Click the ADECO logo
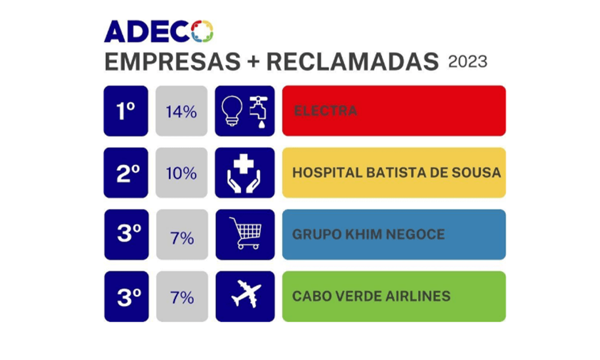pyautogui.click(x=158, y=31)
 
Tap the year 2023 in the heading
pyautogui.click(x=467, y=62)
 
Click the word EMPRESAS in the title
pyautogui.click(x=173, y=62)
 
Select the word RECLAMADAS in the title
pyautogui.click(x=352, y=62)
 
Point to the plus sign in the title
pyautogui.click(x=253, y=62)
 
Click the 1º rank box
pyautogui.click(x=126, y=111)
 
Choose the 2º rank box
pyautogui.click(x=126, y=173)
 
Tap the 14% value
pyautogui.click(x=181, y=112)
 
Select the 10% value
pyautogui.click(x=181, y=173)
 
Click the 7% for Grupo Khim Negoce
pyautogui.click(x=182, y=238)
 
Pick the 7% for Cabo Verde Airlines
pyautogui.click(x=182, y=298)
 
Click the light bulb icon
pyautogui.click(x=232, y=111)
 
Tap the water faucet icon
pyautogui.click(x=259, y=112)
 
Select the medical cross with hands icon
pyautogui.click(x=244, y=173)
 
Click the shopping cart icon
pyautogui.click(x=245, y=233)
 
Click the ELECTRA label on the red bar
pyautogui.click(x=326, y=111)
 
